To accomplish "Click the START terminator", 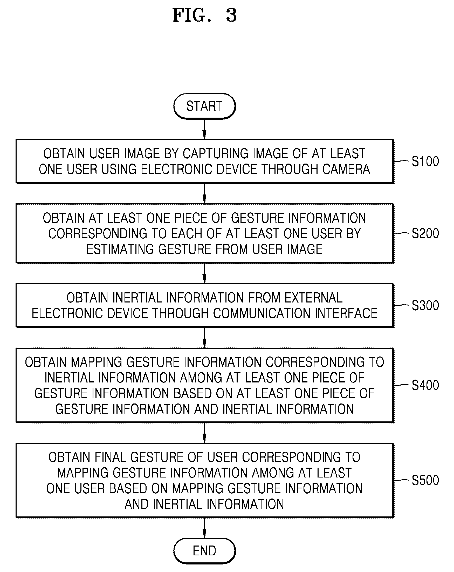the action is click(204, 106).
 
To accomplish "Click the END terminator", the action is click(204, 551).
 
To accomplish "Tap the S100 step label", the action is click(425, 161).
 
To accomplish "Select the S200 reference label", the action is click(425, 233).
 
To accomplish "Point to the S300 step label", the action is click(425, 305).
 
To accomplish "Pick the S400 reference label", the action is click(425, 385).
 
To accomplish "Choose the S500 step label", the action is click(425, 480).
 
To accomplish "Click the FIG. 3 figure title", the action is click(205, 15).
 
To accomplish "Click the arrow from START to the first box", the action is click(204, 129).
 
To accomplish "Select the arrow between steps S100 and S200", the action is click(204, 194).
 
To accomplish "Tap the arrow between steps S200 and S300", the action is click(204, 273).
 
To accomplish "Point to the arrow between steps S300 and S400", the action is click(204, 338).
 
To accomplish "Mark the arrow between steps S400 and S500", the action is click(204, 433).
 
